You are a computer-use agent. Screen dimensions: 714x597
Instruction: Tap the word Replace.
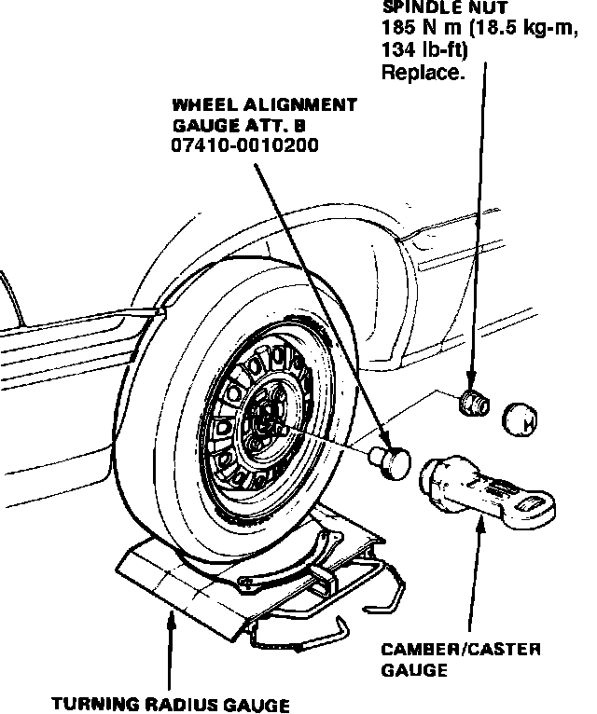[x=423, y=71]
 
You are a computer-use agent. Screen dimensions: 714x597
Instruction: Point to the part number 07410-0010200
[x=244, y=146]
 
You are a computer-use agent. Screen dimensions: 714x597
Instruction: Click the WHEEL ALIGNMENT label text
[x=264, y=103]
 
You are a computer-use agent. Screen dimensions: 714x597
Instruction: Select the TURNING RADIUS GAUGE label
[x=171, y=704]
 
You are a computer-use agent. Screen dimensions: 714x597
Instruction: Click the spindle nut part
[x=474, y=404]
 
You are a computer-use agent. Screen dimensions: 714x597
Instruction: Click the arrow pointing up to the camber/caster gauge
[x=479, y=528]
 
